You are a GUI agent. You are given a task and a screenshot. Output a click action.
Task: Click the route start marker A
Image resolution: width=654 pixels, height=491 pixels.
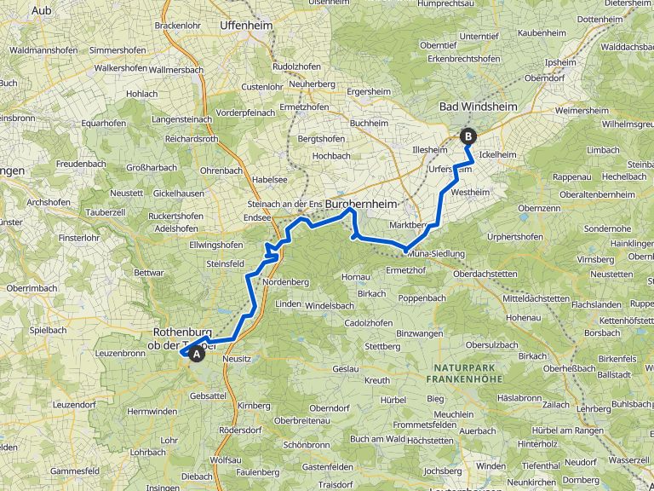(x=197, y=354)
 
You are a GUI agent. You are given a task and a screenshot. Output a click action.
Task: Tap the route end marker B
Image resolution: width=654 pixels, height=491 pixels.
(x=468, y=135)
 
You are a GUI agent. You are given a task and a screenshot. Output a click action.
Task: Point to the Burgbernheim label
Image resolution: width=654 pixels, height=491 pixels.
(x=361, y=205)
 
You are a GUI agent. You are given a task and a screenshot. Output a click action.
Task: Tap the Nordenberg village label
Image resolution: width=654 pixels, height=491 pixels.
(x=286, y=282)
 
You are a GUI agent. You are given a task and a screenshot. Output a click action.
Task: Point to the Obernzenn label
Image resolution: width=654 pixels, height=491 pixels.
(x=543, y=208)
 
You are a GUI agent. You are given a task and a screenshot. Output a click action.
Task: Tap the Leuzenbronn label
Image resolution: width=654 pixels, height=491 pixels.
(x=122, y=353)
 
